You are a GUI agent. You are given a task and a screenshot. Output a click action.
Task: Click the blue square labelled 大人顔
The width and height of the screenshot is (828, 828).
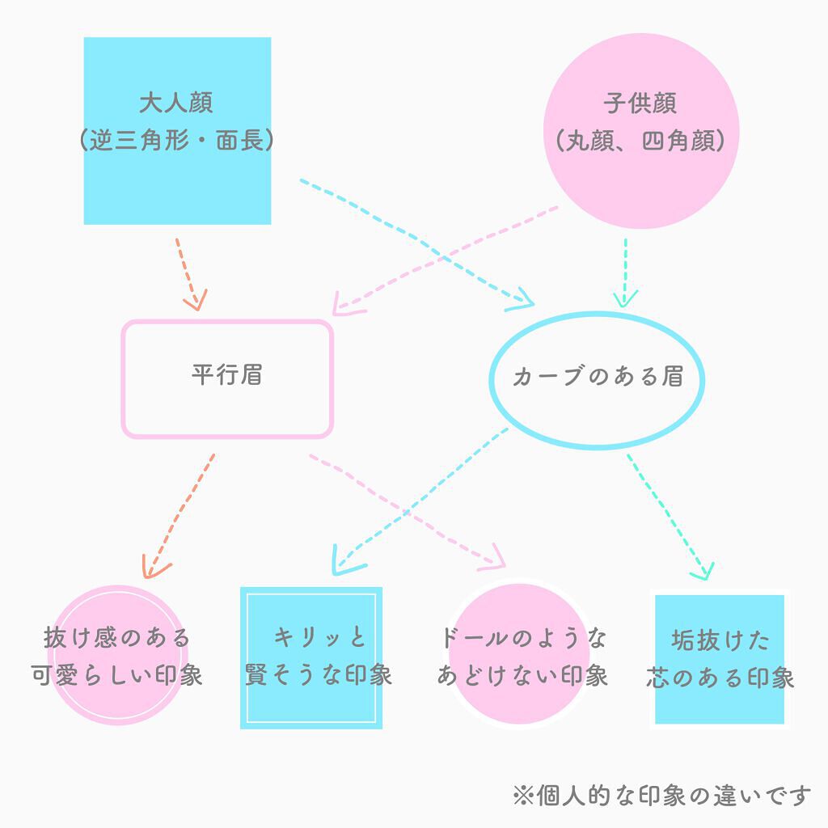pyautogui.click(x=177, y=130)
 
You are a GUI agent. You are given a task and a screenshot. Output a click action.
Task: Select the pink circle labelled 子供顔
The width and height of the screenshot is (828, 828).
pyautogui.click(x=640, y=129)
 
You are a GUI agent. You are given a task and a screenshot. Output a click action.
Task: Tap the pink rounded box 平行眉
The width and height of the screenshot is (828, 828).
pyautogui.click(x=227, y=378)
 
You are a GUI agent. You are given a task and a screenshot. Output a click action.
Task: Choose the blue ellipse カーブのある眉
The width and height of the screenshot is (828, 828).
pyautogui.click(x=598, y=378)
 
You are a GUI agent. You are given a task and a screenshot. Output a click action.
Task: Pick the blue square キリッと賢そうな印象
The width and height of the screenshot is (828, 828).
pyautogui.click(x=311, y=657)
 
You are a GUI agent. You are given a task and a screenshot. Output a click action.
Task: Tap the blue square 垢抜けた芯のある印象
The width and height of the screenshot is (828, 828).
pyautogui.click(x=719, y=659)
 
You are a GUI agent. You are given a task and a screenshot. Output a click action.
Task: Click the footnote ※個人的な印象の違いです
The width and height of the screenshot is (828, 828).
pyautogui.click(x=661, y=796)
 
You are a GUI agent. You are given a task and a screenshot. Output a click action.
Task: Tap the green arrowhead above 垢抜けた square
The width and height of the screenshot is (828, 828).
pyautogui.click(x=703, y=572)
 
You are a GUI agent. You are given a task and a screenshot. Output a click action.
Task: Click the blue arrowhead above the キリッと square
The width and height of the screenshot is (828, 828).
pyautogui.click(x=343, y=560)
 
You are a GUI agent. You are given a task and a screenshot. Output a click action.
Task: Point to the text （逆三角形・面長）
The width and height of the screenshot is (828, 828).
pyautogui.click(x=177, y=142)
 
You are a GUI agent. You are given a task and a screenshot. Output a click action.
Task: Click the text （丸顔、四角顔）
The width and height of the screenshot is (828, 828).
pyautogui.click(x=640, y=142)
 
